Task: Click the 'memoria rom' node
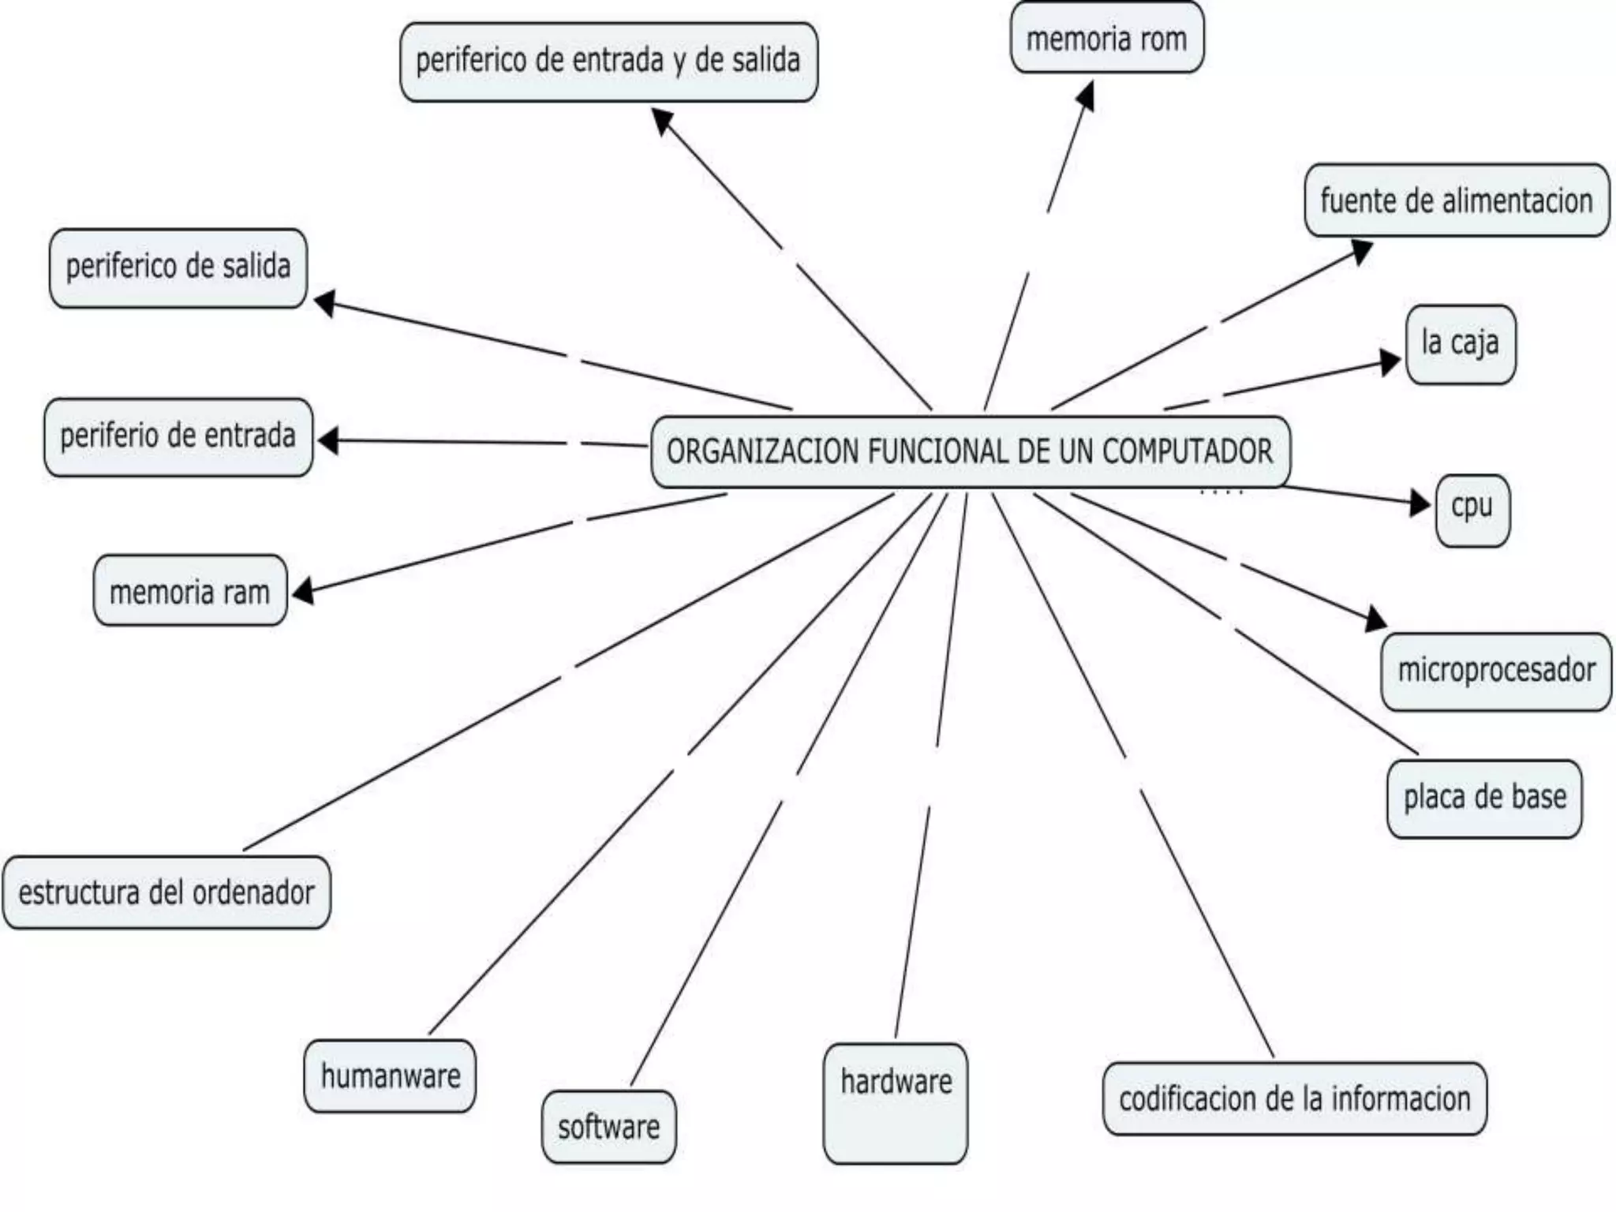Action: (1106, 38)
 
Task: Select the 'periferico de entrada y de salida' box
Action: (608, 62)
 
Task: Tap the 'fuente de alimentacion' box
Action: (1456, 200)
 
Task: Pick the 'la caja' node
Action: (1461, 344)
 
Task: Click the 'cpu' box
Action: (1472, 509)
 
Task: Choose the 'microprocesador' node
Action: (1496, 671)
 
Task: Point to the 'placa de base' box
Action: (1484, 798)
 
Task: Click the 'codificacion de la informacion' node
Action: (1294, 1098)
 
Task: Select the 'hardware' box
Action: (896, 1102)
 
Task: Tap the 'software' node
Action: (608, 1126)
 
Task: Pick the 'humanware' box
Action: (390, 1075)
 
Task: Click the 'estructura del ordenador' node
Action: (166, 892)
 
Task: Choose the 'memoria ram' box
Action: (189, 591)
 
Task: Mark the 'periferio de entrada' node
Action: (178, 436)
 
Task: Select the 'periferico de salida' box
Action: (178, 267)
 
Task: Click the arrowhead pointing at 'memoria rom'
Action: (1087, 95)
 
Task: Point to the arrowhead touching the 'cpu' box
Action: (1421, 503)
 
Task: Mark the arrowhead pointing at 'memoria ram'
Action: (303, 591)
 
